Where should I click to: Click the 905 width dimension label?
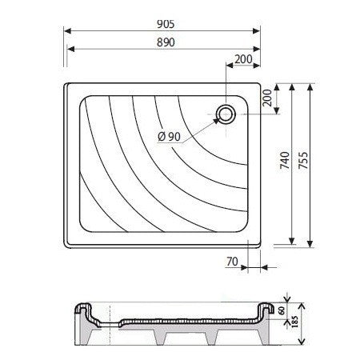[166, 24]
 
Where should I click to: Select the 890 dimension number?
[166, 42]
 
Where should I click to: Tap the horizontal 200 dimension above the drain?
[243, 59]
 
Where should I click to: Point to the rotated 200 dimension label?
[267, 98]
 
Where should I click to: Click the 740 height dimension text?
[285, 160]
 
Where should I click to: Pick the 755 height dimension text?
[303, 160]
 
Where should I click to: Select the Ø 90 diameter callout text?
[169, 137]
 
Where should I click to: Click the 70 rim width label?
[232, 262]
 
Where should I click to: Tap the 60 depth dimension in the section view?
[282, 310]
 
